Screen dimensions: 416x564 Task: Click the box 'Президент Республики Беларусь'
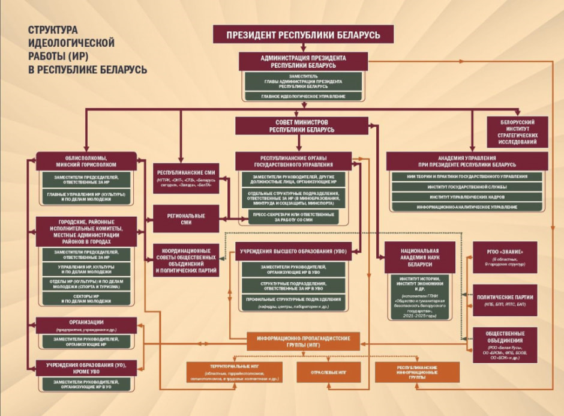click(303, 34)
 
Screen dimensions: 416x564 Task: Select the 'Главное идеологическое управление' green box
click(303, 96)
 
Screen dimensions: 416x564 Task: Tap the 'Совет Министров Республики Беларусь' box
click(301, 125)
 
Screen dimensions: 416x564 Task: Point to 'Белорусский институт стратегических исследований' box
click(517, 132)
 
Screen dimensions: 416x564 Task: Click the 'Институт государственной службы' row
click(467, 187)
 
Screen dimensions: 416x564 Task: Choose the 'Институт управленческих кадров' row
click(467, 196)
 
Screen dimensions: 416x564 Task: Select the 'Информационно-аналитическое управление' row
click(467, 206)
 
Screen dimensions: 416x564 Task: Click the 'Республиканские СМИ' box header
click(185, 170)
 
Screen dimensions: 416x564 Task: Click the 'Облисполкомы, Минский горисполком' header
click(86, 161)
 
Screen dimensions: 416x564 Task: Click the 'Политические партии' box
click(505, 300)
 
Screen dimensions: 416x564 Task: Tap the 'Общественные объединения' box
click(505, 345)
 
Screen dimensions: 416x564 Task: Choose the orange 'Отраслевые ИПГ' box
click(329, 372)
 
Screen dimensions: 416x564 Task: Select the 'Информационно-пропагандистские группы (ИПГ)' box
click(303, 341)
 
